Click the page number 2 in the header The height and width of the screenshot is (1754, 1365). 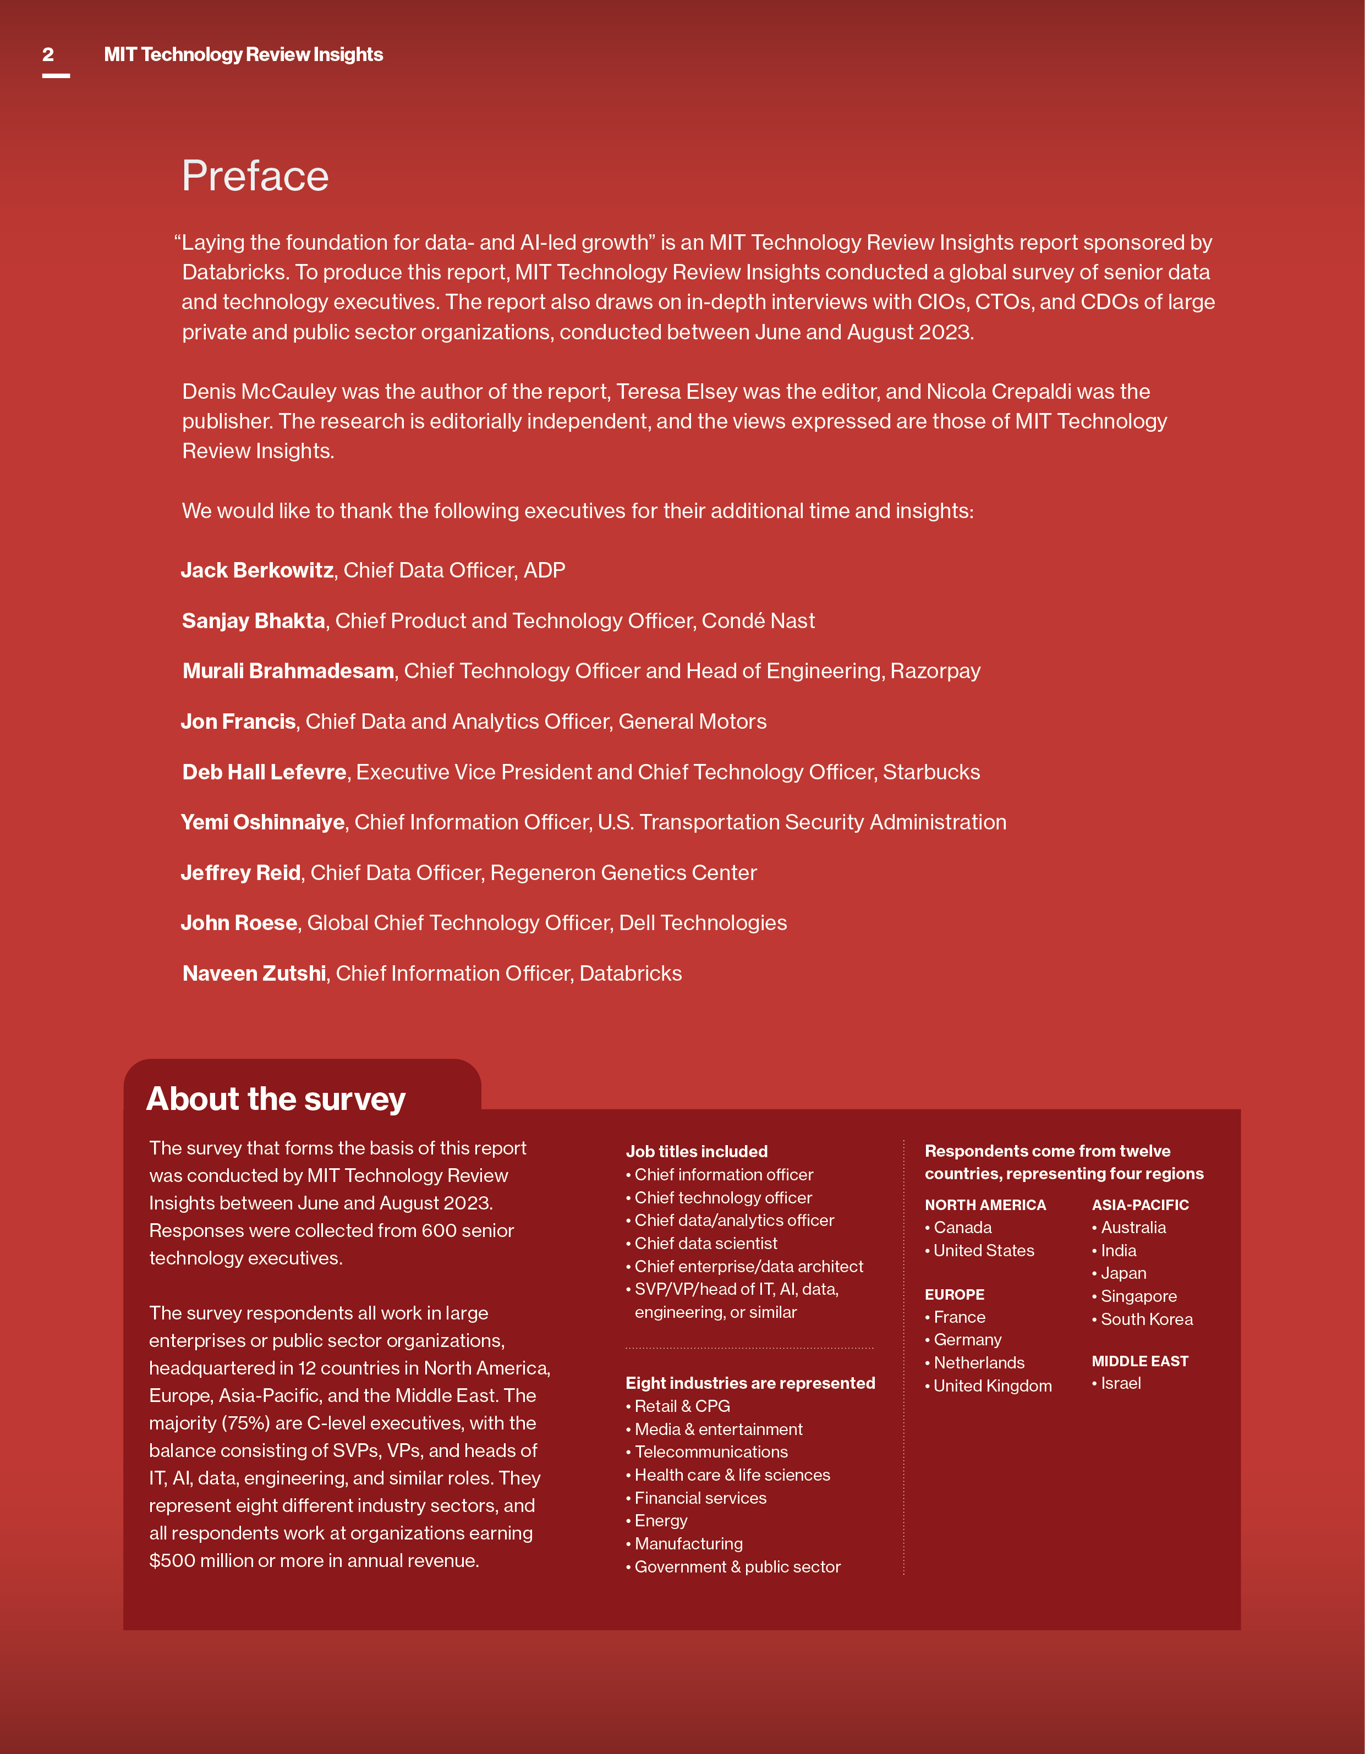point(48,54)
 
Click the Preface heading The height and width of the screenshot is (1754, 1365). point(255,176)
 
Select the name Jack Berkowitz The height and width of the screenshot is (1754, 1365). point(257,570)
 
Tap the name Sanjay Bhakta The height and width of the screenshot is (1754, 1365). point(253,621)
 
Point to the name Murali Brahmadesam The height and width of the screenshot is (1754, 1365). point(288,672)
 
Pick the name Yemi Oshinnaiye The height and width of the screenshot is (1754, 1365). point(263,822)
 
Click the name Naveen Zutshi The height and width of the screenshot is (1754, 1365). point(254,974)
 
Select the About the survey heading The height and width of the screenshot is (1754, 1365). point(276,1099)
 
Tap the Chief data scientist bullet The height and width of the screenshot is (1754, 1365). point(705,1243)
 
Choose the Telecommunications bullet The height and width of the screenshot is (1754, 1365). point(711,1452)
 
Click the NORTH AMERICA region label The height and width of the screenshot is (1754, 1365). point(985,1205)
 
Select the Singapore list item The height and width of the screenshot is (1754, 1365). point(1138,1296)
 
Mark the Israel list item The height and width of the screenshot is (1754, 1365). point(1121,1383)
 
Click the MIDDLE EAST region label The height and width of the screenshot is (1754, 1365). point(1139,1361)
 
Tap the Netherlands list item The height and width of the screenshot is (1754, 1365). point(979,1363)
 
